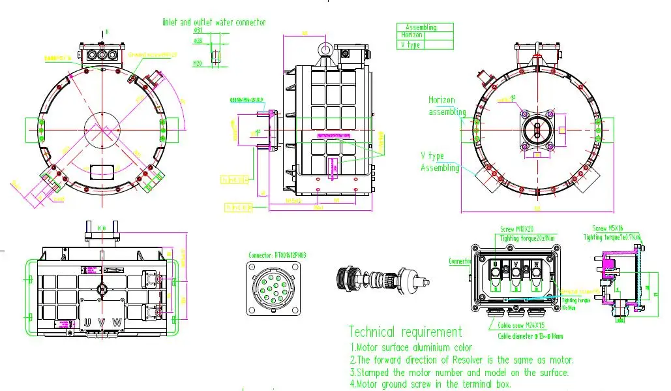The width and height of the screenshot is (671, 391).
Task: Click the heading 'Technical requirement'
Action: (x=405, y=332)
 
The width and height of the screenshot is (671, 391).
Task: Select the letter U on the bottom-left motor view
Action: (x=87, y=322)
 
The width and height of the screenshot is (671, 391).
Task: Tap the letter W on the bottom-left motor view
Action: (x=117, y=322)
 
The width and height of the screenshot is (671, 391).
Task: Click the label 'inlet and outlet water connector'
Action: (x=214, y=22)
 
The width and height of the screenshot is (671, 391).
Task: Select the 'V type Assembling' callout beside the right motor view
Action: (x=440, y=162)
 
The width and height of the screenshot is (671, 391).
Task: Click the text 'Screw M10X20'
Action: (x=516, y=230)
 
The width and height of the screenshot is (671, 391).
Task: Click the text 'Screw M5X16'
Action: (x=608, y=228)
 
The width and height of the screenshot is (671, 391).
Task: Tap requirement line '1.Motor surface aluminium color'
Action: (x=411, y=347)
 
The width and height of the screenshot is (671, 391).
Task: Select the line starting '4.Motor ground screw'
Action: (x=430, y=384)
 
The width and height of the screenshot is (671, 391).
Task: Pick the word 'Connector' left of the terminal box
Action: (x=460, y=261)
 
